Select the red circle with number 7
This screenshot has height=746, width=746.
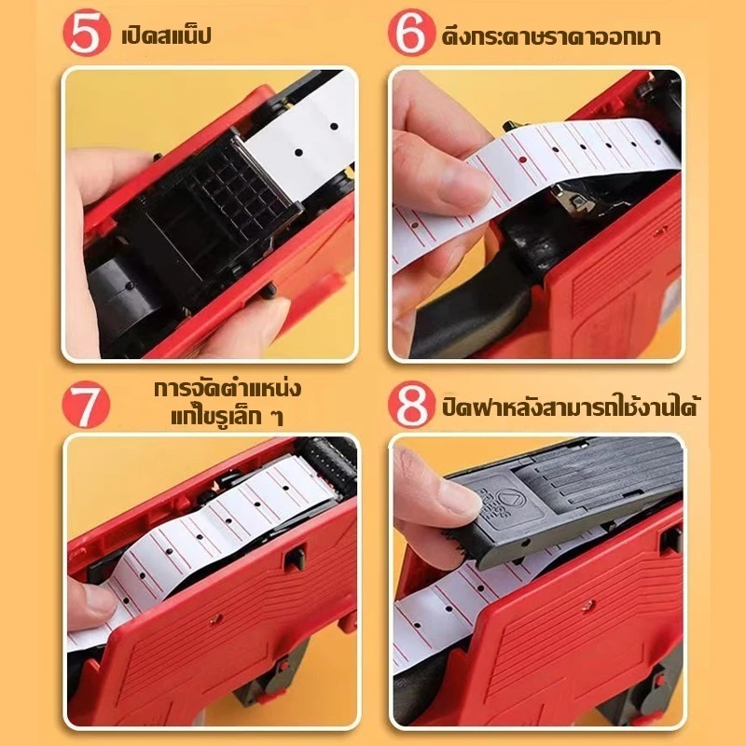point(86,405)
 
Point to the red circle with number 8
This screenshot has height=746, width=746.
point(411,405)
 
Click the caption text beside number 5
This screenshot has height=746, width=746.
point(167,35)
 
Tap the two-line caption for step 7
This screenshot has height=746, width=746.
point(228,403)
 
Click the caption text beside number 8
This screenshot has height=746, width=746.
point(569,406)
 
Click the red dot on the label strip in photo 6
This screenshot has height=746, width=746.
point(523,159)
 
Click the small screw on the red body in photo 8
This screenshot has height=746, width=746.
point(587,605)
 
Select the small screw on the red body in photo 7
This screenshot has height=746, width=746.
point(215,618)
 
